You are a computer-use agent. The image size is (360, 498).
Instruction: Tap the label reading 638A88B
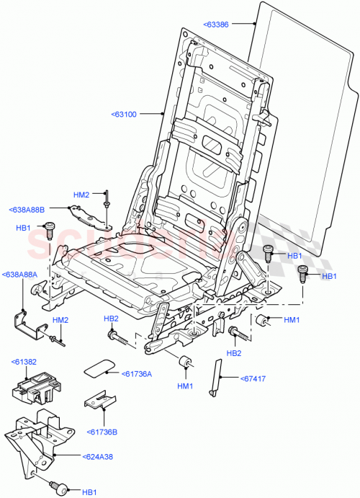pos(27,210)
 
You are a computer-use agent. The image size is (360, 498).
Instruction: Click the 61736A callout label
pos(137,373)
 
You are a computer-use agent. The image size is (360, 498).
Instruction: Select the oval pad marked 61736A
pos(99,367)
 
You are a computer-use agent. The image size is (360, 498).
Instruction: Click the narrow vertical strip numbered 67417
pos(215,377)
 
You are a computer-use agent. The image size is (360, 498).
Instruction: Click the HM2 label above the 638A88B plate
pos(81,195)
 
